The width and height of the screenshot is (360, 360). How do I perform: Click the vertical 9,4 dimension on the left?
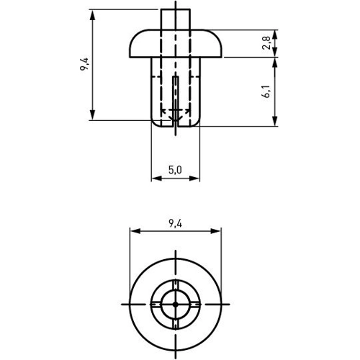(x=84, y=66)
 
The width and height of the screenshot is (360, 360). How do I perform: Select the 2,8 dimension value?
(x=267, y=44)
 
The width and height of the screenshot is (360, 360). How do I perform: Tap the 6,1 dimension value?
(x=267, y=92)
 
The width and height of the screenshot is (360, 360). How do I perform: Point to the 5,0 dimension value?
(x=174, y=170)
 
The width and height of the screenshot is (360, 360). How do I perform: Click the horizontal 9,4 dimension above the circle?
(x=174, y=223)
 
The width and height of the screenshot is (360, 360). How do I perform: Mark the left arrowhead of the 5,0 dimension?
(x=154, y=179)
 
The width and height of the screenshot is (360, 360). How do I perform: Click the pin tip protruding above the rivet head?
(x=174, y=18)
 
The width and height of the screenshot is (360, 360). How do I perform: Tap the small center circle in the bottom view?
(x=174, y=305)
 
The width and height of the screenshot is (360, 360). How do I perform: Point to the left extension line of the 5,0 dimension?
(x=151, y=155)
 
